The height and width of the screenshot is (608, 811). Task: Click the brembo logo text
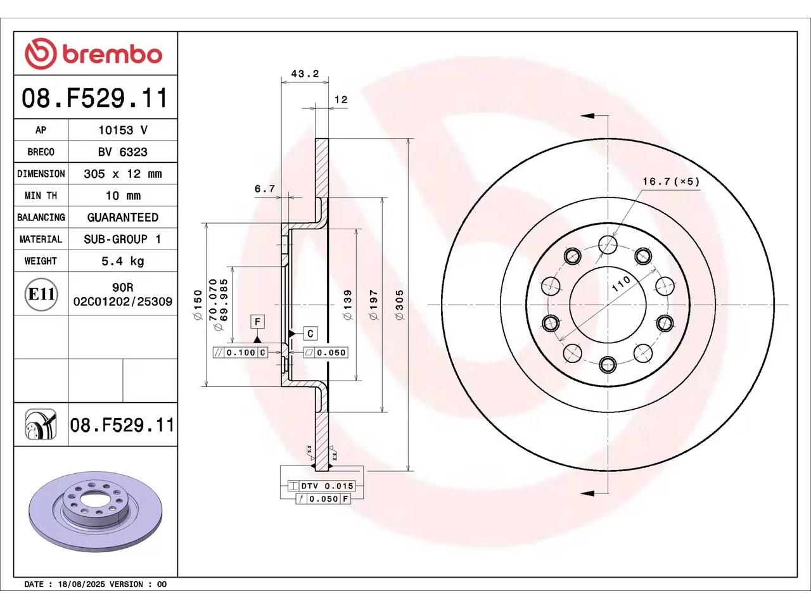click(112, 54)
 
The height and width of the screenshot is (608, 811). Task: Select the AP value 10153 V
click(123, 130)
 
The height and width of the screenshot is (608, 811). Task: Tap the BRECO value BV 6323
click(123, 152)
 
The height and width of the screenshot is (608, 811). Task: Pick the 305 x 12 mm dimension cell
click(123, 174)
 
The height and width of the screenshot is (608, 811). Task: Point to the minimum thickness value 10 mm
click(123, 195)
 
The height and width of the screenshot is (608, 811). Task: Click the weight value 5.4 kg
click(123, 261)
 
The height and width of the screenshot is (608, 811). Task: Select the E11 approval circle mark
click(41, 294)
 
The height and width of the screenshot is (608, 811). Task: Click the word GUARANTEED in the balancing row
click(123, 217)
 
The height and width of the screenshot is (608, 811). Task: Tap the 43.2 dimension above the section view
click(305, 73)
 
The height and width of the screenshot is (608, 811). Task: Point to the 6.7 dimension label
click(265, 189)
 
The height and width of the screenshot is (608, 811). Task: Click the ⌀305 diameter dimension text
click(400, 305)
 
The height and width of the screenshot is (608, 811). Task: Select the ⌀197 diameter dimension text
click(374, 305)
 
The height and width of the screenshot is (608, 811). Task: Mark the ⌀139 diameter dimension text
click(348, 305)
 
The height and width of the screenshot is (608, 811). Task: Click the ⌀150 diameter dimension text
click(198, 305)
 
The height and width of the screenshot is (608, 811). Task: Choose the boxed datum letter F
click(257, 322)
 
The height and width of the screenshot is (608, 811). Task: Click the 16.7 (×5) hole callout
click(671, 181)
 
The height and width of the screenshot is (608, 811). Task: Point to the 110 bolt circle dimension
click(621, 284)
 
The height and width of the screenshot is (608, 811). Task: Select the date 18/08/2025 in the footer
click(81, 585)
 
